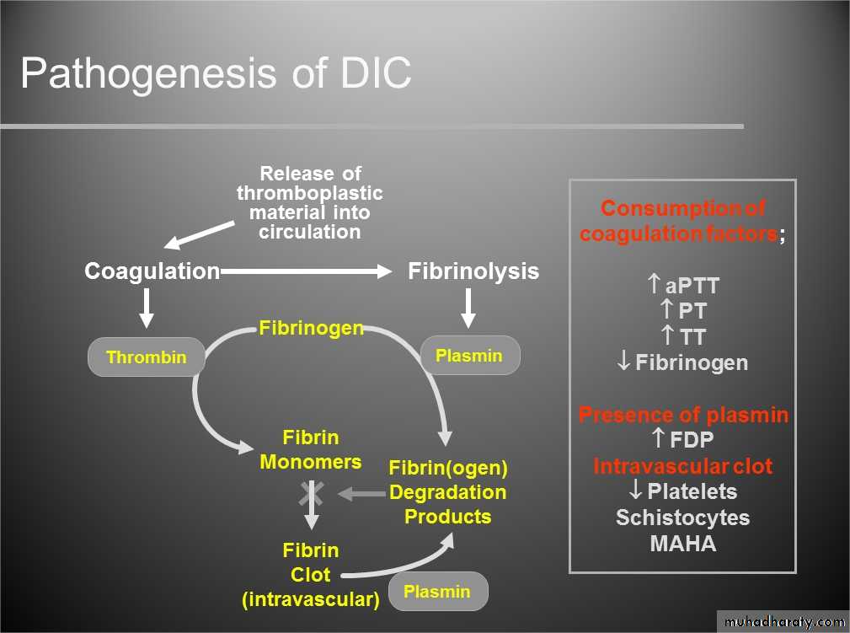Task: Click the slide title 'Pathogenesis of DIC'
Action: click(x=216, y=73)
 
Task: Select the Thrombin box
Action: click(x=147, y=357)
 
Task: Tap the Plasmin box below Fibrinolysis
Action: click(x=469, y=356)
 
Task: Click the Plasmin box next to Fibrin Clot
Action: click(x=437, y=591)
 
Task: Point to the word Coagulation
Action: click(x=152, y=271)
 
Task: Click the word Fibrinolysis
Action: click(x=473, y=271)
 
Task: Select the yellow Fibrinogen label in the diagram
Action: click(x=311, y=327)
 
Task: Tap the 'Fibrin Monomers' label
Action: click(x=311, y=449)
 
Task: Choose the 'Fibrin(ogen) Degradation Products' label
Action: click(x=447, y=491)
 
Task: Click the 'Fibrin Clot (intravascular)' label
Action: click(x=311, y=575)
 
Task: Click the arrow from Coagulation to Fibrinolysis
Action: click(x=307, y=271)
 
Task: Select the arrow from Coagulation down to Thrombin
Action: click(x=147, y=308)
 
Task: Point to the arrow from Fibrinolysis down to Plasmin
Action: click(x=468, y=308)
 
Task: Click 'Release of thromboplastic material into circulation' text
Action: click(x=310, y=202)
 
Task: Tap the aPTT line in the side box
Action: click(x=682, y=285)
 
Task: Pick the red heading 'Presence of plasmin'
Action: click(x=683, y=415)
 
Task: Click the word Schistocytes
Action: click(x=682, y=517)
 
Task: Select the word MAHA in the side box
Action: click(x=682, y=543)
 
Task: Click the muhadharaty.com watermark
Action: click(x=782, y=622)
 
